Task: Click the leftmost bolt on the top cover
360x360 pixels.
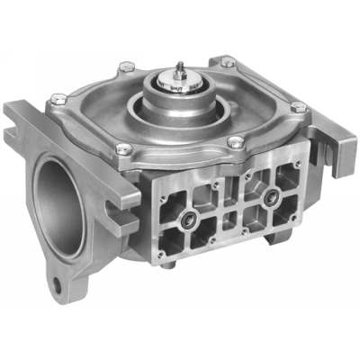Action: [x=58, y=98]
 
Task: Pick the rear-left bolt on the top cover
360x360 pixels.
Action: [x=127, y=67]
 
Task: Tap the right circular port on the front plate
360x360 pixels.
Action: [x=268, y=199]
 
